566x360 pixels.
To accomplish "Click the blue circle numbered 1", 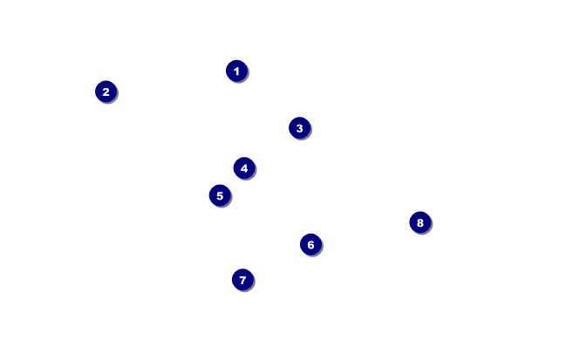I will click(236, 71).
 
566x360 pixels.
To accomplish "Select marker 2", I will click(106, 92).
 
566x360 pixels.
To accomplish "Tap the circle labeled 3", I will click(299, 128).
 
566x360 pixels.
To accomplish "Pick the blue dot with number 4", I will click(244, 168).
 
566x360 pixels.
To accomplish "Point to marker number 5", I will click(220, 195).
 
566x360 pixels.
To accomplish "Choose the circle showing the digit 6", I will click(310, 245).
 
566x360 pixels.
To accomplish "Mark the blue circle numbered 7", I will click(242, 280).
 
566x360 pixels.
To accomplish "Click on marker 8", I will click(419, 222).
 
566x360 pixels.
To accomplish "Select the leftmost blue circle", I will click(106, 92).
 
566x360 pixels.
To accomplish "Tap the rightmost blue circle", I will click(419, 222).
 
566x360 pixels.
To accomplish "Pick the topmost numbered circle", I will click(236, 71).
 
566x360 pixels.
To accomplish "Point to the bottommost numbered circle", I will click(242, 280).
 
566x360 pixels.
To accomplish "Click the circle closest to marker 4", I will click(220, 195).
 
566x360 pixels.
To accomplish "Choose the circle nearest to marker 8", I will click(310, 245).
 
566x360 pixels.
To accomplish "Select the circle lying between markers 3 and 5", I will click(244, 168).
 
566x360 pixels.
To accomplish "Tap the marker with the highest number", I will click(419, 222).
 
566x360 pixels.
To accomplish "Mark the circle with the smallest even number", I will click(106, 92).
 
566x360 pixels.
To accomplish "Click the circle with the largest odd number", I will click(242, 280).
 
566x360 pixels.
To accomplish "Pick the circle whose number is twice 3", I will click(310, 245).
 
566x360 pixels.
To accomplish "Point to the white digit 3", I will click(299, 128).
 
